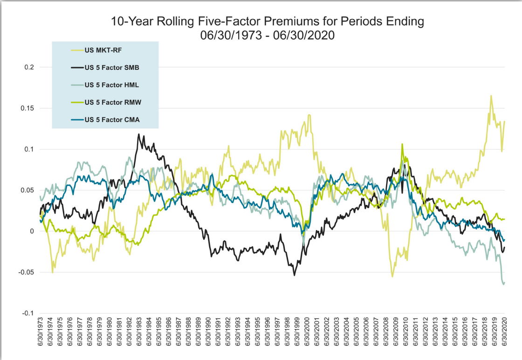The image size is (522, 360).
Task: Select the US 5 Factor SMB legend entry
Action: click(112, 67)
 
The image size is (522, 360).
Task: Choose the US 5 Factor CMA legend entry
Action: click(112, 120)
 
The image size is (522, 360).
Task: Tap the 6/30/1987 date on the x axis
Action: click(179, 333)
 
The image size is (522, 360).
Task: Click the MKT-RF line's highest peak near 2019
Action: click(491, 95)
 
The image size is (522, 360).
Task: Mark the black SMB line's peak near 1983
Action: click(138, 134)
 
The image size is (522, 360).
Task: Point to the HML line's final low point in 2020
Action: click(503, 284)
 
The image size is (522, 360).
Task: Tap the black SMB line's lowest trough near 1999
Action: click(294, 275)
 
